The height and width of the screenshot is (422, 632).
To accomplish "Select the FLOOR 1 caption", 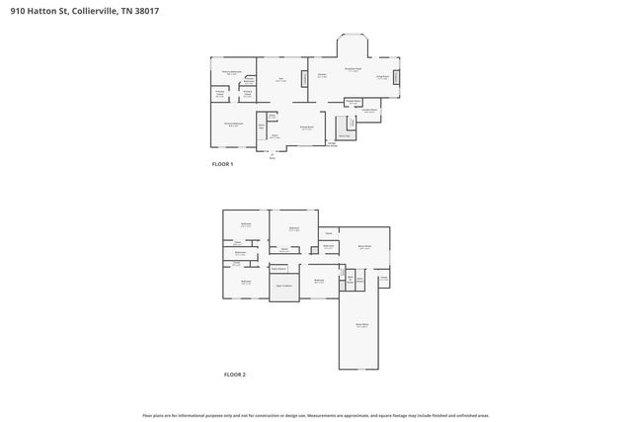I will click(x=222, y=164).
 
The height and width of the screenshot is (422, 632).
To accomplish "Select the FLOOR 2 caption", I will click(x=234, y=376).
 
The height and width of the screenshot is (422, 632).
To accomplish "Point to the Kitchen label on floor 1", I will click(x=323, y=75).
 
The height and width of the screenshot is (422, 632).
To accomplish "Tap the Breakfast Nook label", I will click(x=353, y=69).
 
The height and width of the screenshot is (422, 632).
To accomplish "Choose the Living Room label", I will click(x=382, y=75).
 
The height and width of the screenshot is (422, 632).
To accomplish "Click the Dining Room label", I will click(x=307, y=127).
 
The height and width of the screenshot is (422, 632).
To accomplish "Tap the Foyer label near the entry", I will click(x=275, y=137).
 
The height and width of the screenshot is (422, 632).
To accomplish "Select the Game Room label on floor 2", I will click(x=361, y=324).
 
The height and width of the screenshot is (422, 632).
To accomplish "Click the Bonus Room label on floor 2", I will click(x=364, y=248).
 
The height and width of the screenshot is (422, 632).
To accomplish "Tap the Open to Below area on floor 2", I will click(x=284, y=287).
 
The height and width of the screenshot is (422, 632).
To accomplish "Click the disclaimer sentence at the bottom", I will click(x=316, y=415).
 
